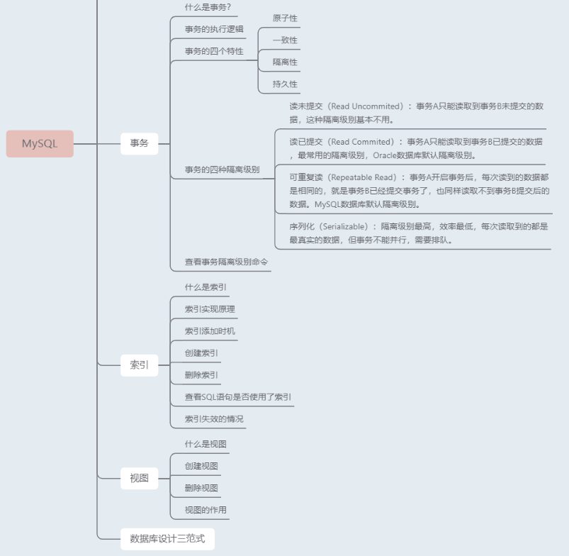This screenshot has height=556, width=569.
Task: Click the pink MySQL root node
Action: [40, 143]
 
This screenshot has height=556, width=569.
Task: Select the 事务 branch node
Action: [139, 143]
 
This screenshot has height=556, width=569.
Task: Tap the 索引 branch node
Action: [139, 365]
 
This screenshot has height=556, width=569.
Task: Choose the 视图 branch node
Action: [139, 478]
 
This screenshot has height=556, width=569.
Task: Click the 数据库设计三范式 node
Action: [162, 538]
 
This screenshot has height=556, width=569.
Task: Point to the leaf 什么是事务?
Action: [208, 7]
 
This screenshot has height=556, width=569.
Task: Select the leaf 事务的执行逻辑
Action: [214, 29]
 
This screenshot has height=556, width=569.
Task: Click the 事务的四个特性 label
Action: [214, 51]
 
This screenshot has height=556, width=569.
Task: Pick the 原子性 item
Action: [285, 18]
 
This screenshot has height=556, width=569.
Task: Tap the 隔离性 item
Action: [285, 62]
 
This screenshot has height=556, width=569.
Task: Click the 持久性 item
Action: [285, 84]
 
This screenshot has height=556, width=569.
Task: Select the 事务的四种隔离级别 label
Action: [222, 169]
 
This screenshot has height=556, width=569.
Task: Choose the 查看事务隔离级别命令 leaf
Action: [227, 262]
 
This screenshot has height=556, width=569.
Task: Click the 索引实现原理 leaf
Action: [210, 309]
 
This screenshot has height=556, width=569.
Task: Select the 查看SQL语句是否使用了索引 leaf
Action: [238, 397]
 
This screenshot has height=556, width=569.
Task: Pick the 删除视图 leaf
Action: [201, 488]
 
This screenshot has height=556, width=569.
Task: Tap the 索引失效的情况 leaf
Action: [214, 419]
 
